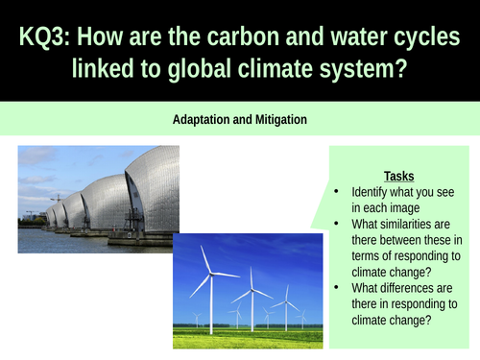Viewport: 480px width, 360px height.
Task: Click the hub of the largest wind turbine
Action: click(x=210, y=274)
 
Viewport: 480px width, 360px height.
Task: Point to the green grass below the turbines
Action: click(x=250, y=337)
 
